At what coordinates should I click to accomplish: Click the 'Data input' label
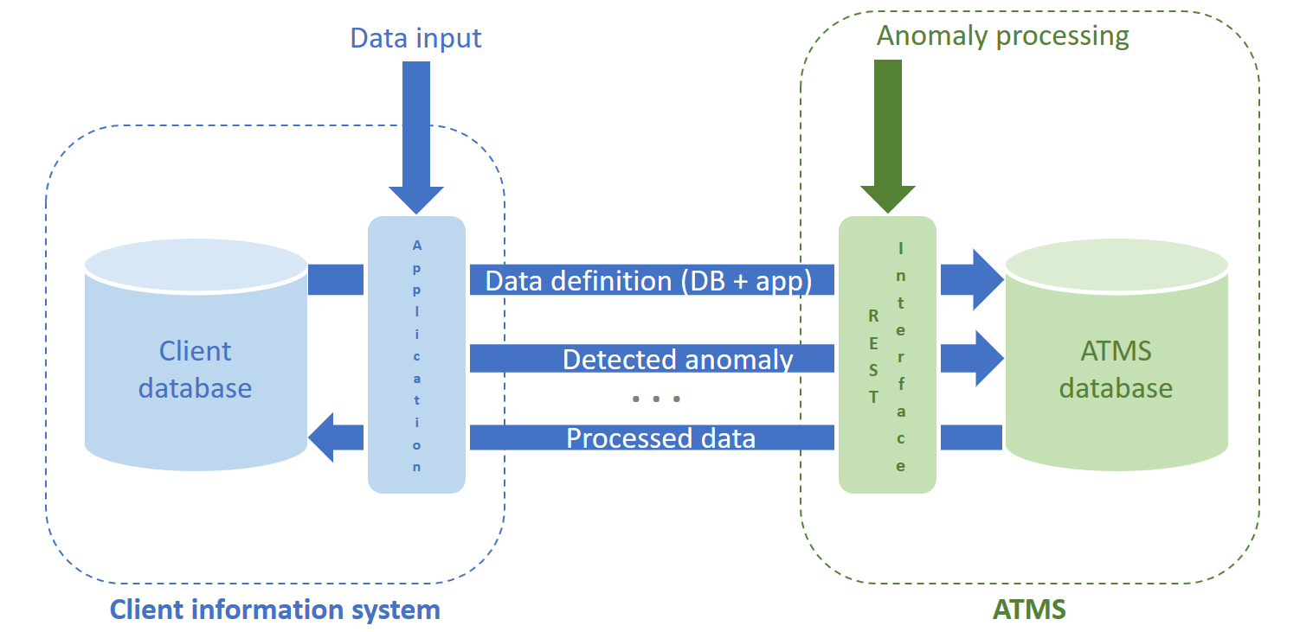coord(415,38)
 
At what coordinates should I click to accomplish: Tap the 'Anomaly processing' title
coord(1002,35)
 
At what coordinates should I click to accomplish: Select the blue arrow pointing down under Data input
coord(416,138)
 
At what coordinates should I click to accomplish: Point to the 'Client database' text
coord(196,369)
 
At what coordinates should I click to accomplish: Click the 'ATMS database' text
coord(1116,369)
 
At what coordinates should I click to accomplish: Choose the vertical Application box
coord(417,354)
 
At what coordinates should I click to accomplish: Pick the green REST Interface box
coord(887,354)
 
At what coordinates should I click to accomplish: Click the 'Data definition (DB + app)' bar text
coord(648,281)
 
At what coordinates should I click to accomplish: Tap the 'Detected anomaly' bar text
coord(678,360)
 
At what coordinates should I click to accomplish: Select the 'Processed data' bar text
coord(660,437)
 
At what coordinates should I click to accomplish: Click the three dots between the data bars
coord(656,399)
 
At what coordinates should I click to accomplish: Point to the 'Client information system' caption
coord(274,610)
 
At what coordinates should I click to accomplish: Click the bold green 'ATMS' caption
coord(1029,610)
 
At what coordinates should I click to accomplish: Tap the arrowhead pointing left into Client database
coord(325,437)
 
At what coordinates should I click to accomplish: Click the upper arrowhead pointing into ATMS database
coord(985,280)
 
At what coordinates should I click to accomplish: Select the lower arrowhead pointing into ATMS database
coord(985,358)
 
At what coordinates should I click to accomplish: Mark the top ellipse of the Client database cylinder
coord(196,262)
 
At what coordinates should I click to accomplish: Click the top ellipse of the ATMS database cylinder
coord(1116,262)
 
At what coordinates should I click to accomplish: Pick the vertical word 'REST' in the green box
coord(873,355)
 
